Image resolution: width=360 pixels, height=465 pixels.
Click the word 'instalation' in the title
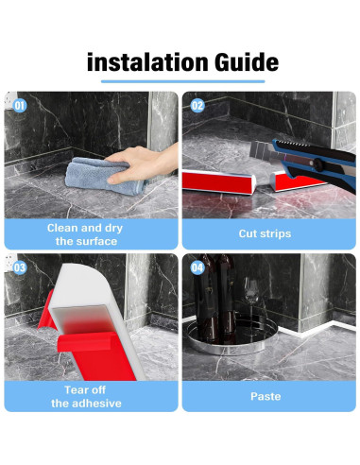click(x=146, y=62)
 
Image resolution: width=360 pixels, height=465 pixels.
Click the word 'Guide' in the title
click(x=247, y=62)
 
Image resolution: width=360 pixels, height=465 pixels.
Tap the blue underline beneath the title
click(x=182, y=81)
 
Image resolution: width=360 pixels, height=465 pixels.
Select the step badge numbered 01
click(x=20, y=106)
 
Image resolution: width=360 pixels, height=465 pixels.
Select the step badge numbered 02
click(x=197, y=106)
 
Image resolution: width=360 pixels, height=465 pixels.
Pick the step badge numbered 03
click(x=20, y=267)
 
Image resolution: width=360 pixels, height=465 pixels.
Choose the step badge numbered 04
click(x=197, y=267)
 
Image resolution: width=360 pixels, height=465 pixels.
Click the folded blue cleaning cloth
click(x=104, y=177)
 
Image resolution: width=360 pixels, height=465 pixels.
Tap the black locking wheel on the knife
click(x=318, y=164)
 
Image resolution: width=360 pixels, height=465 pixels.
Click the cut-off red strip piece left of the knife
click(x=219, y=181)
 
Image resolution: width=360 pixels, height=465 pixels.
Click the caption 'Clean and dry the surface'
click(x=85, y=234)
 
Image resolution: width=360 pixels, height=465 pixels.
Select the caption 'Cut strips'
click(x=265, y=233)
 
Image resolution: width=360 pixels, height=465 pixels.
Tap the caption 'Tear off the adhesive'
click(x=86, y=397)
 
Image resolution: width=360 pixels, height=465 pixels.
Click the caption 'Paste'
click(x=266, y=396)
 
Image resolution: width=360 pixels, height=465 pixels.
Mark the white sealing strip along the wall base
click(x=316, y=332)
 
